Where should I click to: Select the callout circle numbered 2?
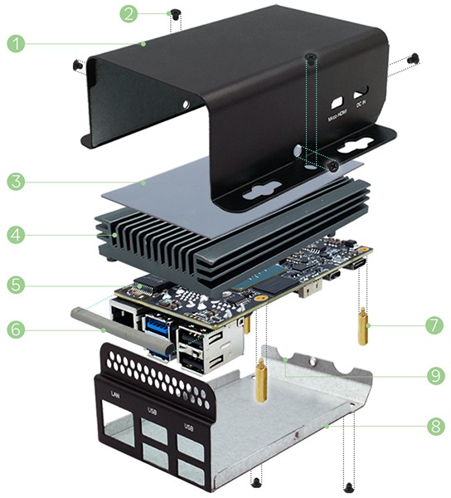click(129, 12)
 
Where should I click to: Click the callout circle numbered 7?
click(434, 325)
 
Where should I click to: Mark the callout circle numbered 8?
click(434, 427)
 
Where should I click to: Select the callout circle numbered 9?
click(434, 375)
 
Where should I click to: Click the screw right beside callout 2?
click(175, 13)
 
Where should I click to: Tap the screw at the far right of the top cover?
click(415, 58)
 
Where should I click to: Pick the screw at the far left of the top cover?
click(75, 64)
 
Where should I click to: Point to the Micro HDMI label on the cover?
click(336, 115)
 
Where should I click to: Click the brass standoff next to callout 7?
click(363, 328)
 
